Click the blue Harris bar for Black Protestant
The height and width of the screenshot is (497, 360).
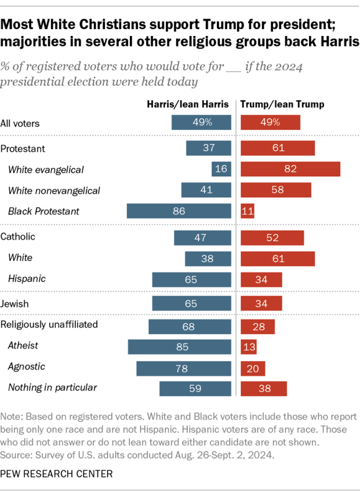(178, 211)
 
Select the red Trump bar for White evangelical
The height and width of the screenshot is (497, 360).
(290, 169)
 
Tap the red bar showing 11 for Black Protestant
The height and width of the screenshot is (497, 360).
(247, 211)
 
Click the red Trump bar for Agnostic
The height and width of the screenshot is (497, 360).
(252, 368)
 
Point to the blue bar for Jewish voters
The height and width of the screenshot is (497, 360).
(191, 304)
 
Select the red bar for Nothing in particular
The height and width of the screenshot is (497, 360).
(264, 389)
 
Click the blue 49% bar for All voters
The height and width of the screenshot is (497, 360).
(201, 122)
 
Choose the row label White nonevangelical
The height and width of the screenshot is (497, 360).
(54, 190)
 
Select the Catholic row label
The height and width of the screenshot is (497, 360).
(18, 237)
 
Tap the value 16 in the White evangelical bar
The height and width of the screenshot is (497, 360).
(221, 169)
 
